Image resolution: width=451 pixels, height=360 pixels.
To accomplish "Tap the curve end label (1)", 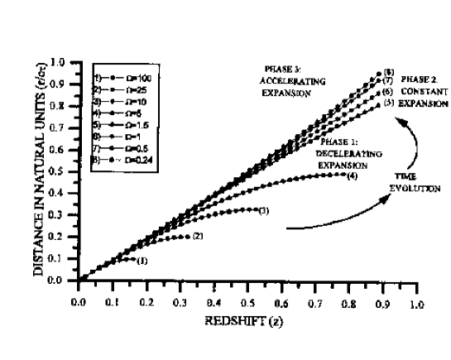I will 142,261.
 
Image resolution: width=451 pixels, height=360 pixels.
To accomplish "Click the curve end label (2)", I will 198,237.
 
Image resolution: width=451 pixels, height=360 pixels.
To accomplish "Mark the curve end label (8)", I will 389,72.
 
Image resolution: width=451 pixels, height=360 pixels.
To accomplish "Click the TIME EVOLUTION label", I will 407,182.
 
